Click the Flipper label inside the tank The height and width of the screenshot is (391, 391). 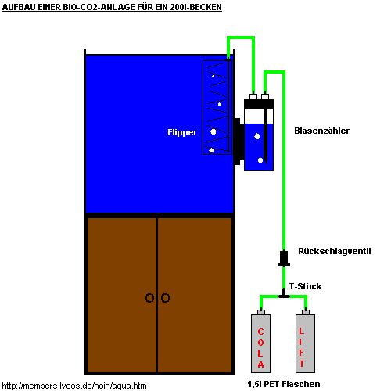pyautogui.click(x=182, y=132)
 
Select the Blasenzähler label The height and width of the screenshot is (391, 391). pyautogui.click(x=321, y=131)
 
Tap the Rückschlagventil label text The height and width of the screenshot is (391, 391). pyautogui.click(x=335, y=251)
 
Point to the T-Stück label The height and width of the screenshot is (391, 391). pyautogui.click(x=305, y=286)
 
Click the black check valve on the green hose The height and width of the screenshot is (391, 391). pyautogui.click(x=284, y=258)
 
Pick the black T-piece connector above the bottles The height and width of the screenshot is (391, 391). pyautogui.click(x=284, y=294)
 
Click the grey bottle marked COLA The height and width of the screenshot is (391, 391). pyautogui.click(x=260, y=343)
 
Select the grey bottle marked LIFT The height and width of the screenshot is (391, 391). pyautogui.click(x=305, y=343)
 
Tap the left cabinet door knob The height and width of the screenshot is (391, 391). pyautogui.click(x=149, y=298)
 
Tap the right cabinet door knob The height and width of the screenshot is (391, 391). pyautogui.click(x=165, y=298)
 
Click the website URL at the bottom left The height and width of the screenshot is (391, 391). pyautogui.click(x=74, y=386)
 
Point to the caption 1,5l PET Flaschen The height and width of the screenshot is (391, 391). pyautogui.click(x=284, y=384)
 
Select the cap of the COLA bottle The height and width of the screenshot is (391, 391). pyautogui.click(x=261, y=312)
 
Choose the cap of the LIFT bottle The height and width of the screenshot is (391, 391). pyautogui.click(x=306, y=312)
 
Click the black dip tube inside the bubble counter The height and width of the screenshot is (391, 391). pyautogui.click(x=266, y=136)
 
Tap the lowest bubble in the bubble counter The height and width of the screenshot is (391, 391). pyautogui.click(x=260, y=160)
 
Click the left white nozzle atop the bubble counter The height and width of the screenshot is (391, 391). pyautogui.click(x=253, y=96)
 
